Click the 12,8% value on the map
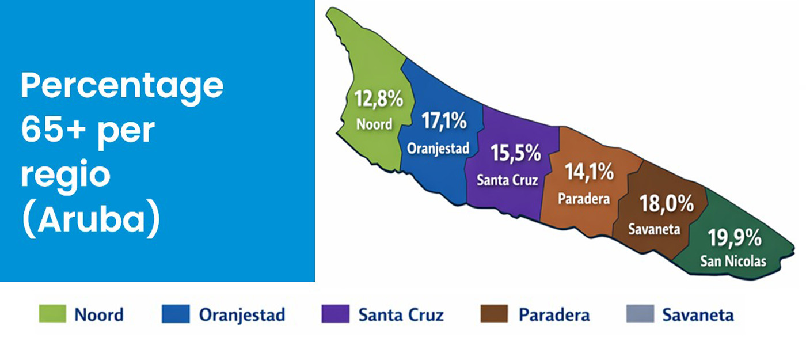pos(379,98)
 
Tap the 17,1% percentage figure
pos(444,120)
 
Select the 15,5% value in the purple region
pos(516,153)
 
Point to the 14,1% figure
pos(589,172)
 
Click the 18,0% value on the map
pos(667,203)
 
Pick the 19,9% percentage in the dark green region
pos(735,237)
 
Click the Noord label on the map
pos(374,124)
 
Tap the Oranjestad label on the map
pos(438,149)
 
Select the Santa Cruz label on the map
pos(507,180)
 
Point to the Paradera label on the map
pos(584,199)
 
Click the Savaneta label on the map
pos(654,229)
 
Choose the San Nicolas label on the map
pos(733,261)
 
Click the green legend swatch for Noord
pos(52,313)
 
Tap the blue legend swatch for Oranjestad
pos(176,313)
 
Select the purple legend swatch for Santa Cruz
pos(335,313)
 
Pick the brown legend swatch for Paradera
pos(495,313)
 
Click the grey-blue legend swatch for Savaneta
pos(640,313)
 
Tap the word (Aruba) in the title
pos(91,218)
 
